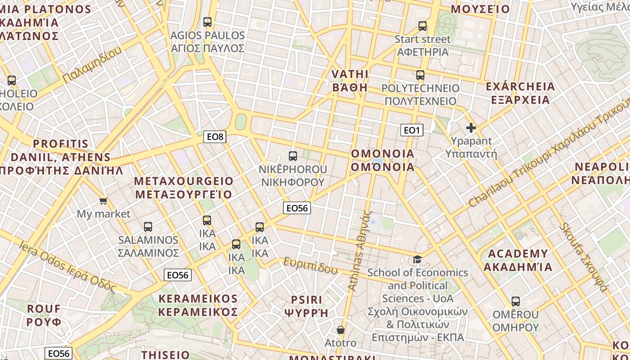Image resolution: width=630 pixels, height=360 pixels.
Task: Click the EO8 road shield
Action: point(215,137)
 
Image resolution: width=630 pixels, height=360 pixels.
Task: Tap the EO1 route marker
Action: point(411,130)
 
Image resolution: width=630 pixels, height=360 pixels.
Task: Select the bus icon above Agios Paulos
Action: point(207,22)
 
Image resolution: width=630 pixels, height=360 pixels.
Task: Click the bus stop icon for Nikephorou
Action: point(293,156)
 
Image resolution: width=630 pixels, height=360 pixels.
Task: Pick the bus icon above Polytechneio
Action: point(420,75)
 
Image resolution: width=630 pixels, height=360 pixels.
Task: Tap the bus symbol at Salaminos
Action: point(148,227)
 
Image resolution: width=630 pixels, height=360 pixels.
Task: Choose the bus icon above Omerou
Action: point(516,301)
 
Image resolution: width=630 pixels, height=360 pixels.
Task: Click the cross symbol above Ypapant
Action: point(471,128)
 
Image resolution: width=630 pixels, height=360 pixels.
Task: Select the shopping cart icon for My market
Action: point(103,201)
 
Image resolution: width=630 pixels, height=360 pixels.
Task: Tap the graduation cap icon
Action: point(418,259)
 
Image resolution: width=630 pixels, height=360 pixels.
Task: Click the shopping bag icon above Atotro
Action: point(341,330)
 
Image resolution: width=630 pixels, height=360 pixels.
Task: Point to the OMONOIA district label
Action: point(382,160)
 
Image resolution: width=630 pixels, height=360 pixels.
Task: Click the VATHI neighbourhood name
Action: point(350,81)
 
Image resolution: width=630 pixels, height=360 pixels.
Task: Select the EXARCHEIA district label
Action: point(521,93)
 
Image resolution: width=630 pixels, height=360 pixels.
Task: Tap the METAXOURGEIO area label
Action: point(184,188)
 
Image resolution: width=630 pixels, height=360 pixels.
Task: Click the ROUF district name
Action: point(44,315)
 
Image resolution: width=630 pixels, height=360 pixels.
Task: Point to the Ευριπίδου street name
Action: point(310,265)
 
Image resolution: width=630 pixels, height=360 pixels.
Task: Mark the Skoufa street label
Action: point(584,257)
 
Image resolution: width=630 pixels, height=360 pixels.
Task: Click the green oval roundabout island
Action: point(241,121)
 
